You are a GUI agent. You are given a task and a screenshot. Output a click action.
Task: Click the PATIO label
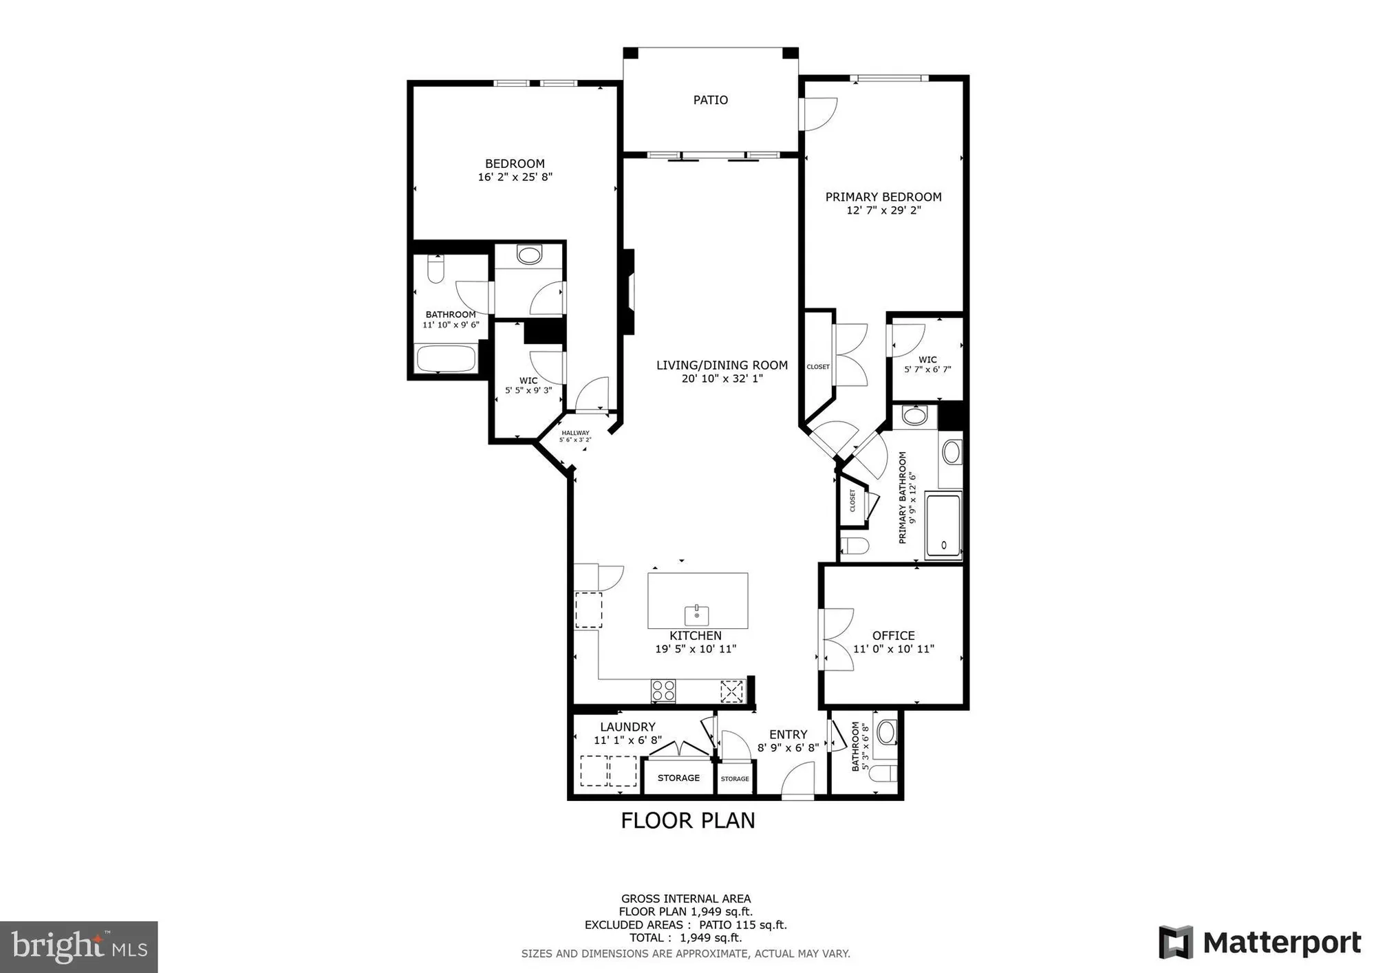[710, 100]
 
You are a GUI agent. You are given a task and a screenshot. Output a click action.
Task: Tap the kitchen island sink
[696, 614]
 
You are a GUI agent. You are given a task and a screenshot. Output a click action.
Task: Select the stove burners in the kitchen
[663, 690]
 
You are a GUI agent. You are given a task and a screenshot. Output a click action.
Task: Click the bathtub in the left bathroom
[446, 359]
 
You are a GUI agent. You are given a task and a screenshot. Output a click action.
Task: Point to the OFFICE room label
[893, 636]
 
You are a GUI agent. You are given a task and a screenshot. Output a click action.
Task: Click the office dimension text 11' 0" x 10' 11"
[893, 649]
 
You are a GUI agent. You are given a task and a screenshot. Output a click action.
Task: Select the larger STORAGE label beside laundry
[678, 778]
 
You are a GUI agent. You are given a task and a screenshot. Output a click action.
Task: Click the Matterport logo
[1260, 943]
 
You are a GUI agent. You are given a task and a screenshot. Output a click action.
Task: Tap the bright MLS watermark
[78, 947]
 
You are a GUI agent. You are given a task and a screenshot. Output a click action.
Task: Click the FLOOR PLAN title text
[687, 820]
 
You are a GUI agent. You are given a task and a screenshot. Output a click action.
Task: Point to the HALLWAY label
[575, 434]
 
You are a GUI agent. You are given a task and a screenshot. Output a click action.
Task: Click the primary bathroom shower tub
[943, 525]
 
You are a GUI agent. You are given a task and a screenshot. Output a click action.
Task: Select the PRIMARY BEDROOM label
[883, 197]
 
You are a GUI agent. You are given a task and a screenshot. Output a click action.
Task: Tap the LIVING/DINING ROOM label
[722, 365]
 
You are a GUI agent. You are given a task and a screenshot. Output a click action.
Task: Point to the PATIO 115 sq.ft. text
[742, 925]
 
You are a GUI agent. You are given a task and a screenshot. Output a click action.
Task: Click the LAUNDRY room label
[627, 727]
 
